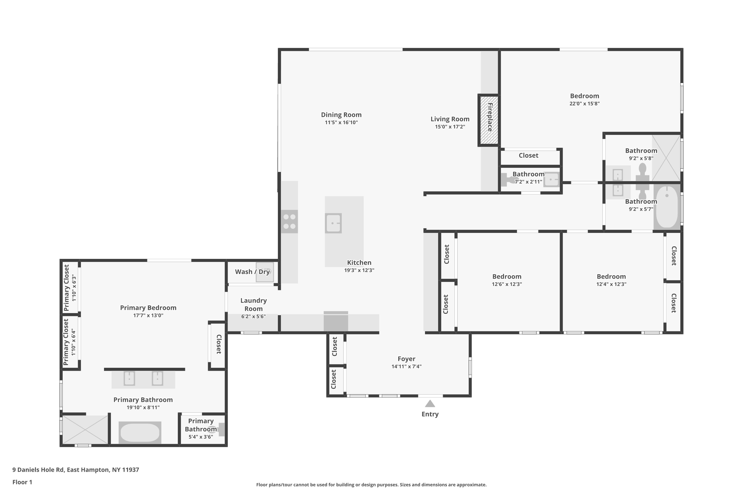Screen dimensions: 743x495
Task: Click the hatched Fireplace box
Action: pyautogui.click(x=489, y=120)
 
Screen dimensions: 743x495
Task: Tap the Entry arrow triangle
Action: pyautogui.click(x=430, y=403)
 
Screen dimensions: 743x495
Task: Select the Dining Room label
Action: pyautogui.click(x=341, y=115)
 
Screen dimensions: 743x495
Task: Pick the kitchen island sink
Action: pyautogui.click(x=333, y=223)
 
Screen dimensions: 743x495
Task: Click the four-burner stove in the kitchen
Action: pyautogui.click(x=289, y=222)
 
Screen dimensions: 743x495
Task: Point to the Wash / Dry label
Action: pyautogui.click(x=252, y=272)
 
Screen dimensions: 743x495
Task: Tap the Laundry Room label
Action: pyautogui.click(x=253, y=305)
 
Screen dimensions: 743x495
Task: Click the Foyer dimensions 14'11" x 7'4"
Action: pyautogui.click(x=407, y=367)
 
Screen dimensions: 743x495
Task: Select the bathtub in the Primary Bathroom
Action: pyautogui.click(x=140, y=432)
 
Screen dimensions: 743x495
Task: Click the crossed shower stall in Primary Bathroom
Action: pyautogui.click(x=85, y=430)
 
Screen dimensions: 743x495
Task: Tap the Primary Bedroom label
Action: pyautogui.click(x=148, y=308)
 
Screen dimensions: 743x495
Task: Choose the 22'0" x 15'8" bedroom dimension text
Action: pyautogui.click(x=584, y=103)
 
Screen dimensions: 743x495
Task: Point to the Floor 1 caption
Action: pyautogui.click(x=23, y=482)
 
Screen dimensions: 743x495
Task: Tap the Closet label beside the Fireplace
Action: pyautogui.click(x=529, y=155)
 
